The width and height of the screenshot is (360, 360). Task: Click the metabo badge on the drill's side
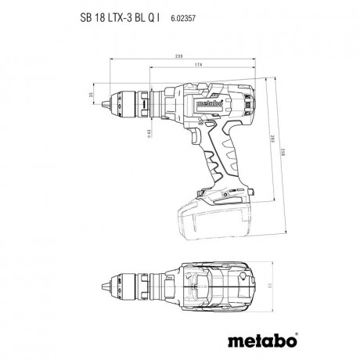pos(211,101)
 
